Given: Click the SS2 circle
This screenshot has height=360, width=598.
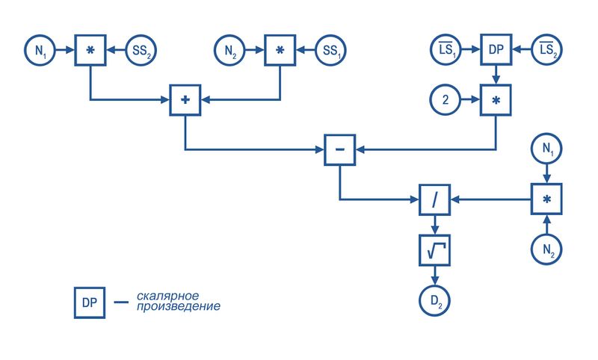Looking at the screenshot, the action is point(141,50).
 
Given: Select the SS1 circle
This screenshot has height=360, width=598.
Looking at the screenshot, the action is point(330,50).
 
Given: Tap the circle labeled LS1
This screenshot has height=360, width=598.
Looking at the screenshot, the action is point(446,49).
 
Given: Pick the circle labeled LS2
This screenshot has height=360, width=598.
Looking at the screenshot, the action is point(546,49).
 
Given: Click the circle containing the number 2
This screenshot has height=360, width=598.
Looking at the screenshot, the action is point(446,100).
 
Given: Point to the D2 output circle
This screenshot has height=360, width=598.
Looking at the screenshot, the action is point(435,300).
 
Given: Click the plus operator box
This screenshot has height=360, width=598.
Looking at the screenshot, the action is point(185,100).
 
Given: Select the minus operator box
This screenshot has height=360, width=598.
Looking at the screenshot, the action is point(340,149).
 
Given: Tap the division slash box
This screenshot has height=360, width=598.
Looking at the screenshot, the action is point(435,199).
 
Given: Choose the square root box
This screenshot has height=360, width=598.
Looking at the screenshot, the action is point(435,250).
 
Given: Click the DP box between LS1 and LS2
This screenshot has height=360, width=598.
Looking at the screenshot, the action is point(496,49).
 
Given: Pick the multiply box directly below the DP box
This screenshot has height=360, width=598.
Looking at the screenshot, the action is point(496,100).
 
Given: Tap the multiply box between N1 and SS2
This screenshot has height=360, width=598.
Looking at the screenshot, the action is point(90,50).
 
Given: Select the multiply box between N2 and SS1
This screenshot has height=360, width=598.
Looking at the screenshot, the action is point(280,50).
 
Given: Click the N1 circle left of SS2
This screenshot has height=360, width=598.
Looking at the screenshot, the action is point(40,50).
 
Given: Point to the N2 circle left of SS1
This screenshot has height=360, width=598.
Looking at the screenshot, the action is point(229,50).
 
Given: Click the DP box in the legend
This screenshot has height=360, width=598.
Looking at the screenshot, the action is point(90,302).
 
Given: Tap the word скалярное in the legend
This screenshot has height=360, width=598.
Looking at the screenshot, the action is point(167,296).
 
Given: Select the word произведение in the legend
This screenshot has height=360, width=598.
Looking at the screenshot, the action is point(179,307).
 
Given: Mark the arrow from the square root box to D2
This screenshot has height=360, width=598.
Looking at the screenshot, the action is point(435,276).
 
